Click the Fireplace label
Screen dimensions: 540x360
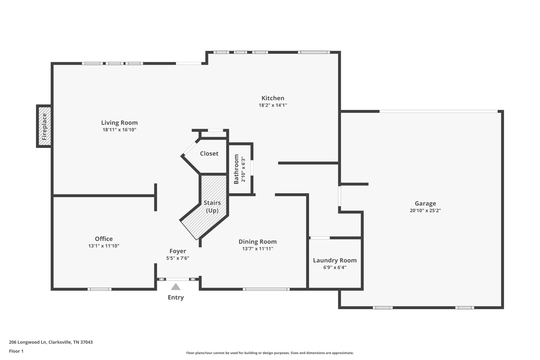pos(44,127)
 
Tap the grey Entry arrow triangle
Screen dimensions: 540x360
pos(176,287)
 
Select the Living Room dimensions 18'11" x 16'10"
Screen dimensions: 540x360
pos(119,130)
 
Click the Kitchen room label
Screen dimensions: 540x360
pos(273,98)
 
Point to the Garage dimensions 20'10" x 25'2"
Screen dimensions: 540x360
pos(425,210)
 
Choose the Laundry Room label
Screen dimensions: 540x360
pos(335,260)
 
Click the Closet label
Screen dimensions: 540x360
pos(209,153)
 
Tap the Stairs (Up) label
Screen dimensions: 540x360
pos(212,207)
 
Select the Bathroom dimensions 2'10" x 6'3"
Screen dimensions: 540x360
pos(243,170)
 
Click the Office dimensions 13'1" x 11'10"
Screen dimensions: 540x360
pos(104,246)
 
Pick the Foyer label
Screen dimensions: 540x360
pos(178,251)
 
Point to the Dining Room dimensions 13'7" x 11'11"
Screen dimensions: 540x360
pos(258,248)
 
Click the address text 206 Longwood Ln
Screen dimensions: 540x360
pos(28,342)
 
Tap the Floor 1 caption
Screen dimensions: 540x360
pos(16,351)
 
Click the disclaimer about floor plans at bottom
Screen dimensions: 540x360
pos(270,353)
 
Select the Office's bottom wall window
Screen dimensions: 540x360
pos(99,289)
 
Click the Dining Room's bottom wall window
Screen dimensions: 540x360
pos(266,289)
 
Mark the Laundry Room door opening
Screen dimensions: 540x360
pos(320,238)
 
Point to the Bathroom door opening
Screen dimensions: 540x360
pos(252,168)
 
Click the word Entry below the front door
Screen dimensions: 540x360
pos(176,297)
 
